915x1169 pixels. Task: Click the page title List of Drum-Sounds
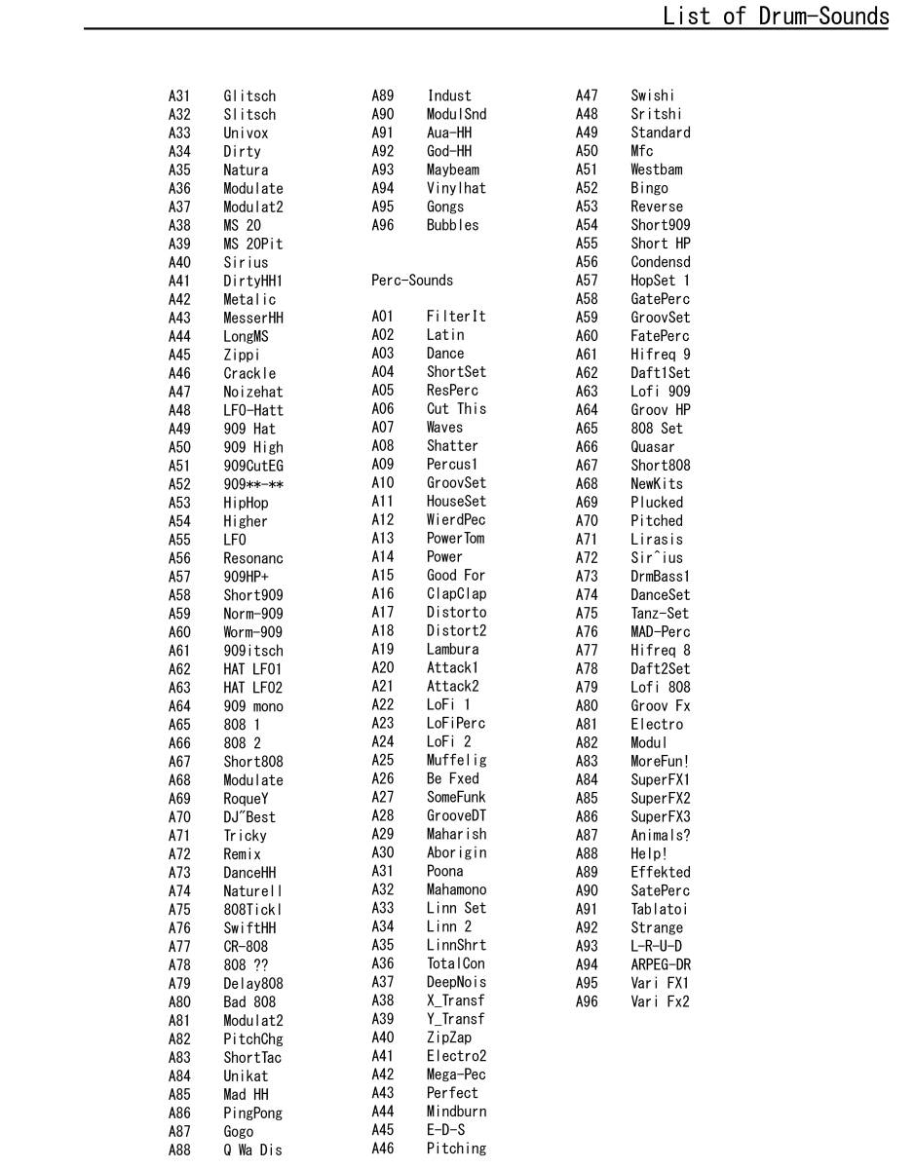click(775, 16)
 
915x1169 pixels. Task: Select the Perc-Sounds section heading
click(412, 281)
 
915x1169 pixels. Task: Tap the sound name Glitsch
click(249, 96)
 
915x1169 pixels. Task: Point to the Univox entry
click(246, 133)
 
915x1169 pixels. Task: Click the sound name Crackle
click(249, 374)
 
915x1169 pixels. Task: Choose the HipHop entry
click(246, 504)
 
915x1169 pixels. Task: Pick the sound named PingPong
click(252, 1113)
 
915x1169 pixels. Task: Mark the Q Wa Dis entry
click(252, 1150)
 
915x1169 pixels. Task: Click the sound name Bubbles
click(453, 225)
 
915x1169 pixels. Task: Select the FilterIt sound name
click(456, 317)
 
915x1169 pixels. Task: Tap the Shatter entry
click(452, 446)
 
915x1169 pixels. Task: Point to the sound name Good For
click(456, 576)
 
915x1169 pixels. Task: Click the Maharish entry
click(456, 835)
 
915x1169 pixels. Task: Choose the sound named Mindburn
click(456, 1112)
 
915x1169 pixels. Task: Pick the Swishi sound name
click(652, 95)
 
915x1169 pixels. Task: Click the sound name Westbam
click(657, 170)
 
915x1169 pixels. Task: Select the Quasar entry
click(653, 447)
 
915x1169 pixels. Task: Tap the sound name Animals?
click(661, 836)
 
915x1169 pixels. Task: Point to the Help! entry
click(649, 854)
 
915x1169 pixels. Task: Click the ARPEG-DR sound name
click(661, 965)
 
